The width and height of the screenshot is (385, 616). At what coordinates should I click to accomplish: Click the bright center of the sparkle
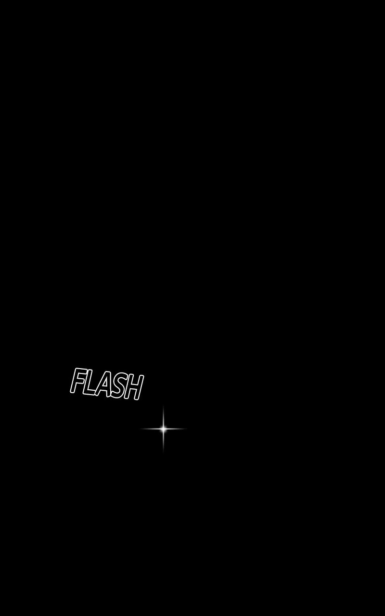coord(164,429)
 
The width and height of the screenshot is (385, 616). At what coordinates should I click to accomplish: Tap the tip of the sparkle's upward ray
coord(164,405)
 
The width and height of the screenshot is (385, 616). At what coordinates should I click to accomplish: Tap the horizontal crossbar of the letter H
coord(134,386)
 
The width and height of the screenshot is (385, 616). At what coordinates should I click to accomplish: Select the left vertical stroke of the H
coord(128,386)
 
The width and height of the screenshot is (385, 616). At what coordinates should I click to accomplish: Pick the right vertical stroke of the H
coord(140,387)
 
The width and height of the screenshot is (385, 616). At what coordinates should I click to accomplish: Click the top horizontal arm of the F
coord(80,371)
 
